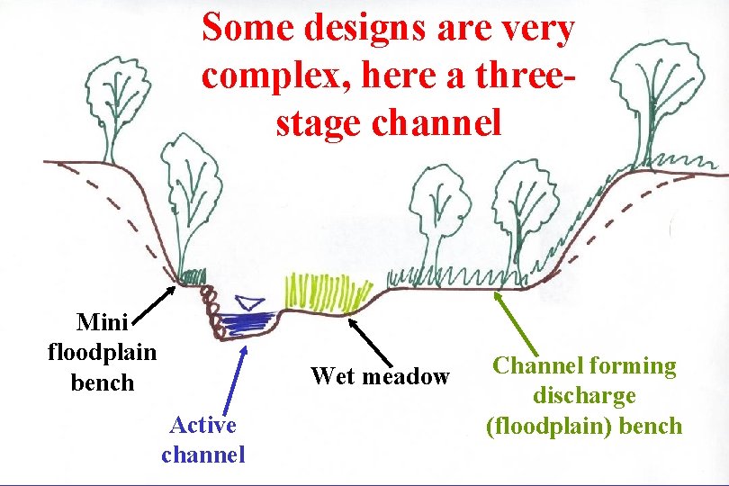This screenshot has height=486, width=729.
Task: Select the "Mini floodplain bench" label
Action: click(x=102, y=352)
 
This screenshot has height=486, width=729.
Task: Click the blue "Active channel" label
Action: click(x=203, y=439)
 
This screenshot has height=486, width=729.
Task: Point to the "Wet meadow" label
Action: click(x=380, y=376)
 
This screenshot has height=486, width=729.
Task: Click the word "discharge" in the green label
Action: click(x=584, y=395)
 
